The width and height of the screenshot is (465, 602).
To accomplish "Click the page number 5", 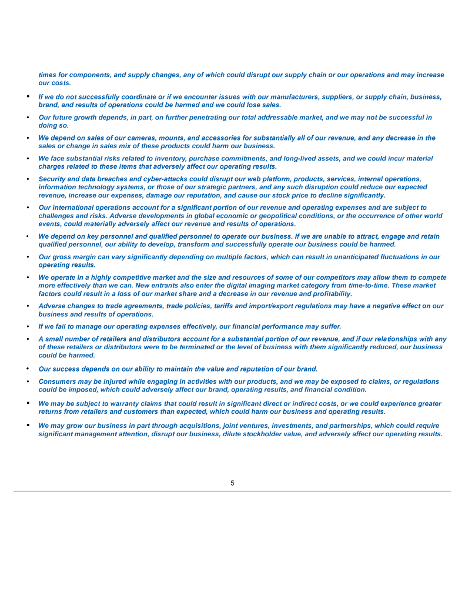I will coord(232,483).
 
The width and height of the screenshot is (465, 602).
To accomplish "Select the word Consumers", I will coord(56,382).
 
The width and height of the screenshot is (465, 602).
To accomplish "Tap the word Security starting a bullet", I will coord(53,179).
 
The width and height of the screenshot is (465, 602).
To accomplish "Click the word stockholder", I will coord(254,434).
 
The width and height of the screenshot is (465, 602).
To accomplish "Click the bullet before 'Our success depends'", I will coord(28,369).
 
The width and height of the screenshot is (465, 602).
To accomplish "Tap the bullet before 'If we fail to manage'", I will coord(28,326).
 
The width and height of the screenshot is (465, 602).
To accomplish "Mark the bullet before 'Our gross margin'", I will coord(28,257).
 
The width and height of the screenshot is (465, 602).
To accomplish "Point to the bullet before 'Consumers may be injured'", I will coord(28,382).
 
